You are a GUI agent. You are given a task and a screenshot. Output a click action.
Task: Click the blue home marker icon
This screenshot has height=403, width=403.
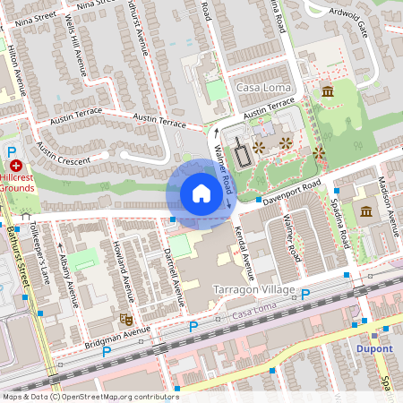click(201, 193)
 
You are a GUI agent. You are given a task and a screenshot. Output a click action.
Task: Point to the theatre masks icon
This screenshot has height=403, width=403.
click(126, 319)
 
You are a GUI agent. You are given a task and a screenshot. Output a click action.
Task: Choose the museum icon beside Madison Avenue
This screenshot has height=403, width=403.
click(367, 211)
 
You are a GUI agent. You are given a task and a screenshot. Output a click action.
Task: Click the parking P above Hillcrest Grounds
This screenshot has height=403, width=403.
click(12, 151)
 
